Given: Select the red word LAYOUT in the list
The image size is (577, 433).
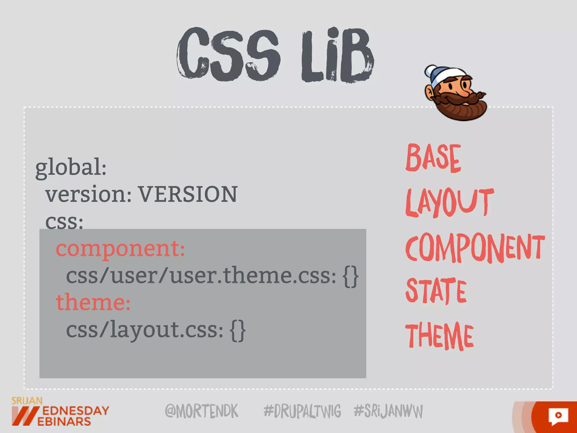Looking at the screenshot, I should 449,202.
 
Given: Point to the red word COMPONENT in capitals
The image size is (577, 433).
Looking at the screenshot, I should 475,248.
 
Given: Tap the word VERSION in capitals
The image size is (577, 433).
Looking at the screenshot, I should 188,195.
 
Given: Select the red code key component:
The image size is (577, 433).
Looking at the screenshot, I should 120,249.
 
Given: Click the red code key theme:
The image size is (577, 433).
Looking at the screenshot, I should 93,302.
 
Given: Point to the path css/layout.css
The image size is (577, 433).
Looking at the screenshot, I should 144,330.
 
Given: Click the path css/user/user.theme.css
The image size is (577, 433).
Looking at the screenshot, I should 201,276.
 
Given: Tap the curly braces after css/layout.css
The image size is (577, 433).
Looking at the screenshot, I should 238,330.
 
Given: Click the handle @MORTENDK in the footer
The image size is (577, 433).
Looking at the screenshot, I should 201,411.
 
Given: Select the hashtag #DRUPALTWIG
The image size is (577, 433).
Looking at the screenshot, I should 302,411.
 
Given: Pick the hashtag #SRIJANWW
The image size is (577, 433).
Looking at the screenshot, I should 388,411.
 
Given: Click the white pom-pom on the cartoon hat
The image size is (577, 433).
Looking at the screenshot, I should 430,71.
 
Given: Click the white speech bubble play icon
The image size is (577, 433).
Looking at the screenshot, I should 558,416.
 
